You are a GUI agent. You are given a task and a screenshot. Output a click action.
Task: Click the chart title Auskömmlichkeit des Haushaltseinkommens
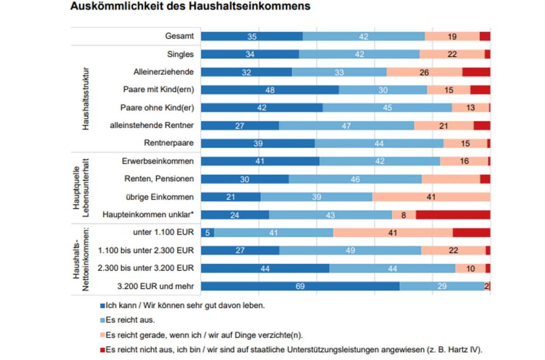(190, 7)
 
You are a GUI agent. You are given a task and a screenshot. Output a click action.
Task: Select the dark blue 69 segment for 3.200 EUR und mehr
(300, 286)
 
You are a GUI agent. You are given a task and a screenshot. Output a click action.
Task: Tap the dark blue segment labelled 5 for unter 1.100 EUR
(208, 233)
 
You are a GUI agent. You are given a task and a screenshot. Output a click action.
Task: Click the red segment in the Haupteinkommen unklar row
(453, 215)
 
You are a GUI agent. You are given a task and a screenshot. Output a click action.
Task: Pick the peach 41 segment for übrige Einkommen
(431, 197)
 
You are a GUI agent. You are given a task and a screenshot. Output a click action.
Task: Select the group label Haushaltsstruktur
(86, 98)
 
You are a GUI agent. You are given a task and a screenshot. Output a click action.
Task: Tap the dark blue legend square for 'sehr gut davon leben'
(103, 307)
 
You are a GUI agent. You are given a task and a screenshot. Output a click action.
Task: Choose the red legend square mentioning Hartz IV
(103, 350)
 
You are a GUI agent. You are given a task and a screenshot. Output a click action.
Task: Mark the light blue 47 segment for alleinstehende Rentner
(346, 125)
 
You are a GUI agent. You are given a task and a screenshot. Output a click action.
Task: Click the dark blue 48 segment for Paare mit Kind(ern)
(270, 90)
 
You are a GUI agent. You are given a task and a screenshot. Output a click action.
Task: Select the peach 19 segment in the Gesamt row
(452, 36)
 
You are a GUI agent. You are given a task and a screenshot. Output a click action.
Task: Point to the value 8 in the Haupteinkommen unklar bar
(403, 215)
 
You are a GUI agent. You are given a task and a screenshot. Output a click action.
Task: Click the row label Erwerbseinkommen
(158, 161)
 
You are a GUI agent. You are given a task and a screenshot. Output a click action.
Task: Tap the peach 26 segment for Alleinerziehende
(424, 72)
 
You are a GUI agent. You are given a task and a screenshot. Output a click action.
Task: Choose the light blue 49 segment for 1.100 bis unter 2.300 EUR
(350, 251)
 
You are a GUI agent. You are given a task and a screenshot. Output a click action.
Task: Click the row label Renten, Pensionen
(159, 179)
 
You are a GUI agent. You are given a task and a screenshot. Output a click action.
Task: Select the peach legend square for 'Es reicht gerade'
(103, 335)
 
